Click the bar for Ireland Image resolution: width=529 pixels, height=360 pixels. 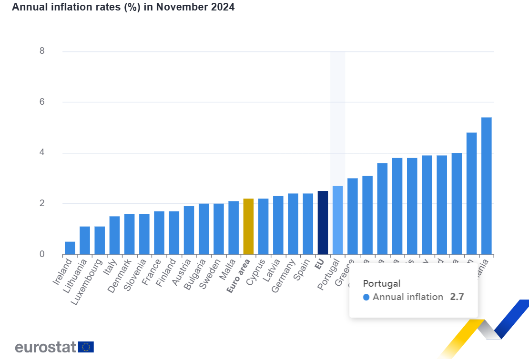[x=70, y=248]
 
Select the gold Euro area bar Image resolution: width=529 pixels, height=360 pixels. [x=248, y=227]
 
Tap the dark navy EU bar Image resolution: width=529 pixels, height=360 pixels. [x=323, y=223]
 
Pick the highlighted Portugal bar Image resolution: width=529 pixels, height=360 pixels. [x=337, y=220]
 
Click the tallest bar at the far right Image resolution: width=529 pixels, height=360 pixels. [x=487, y=186]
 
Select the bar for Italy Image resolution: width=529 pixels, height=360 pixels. [x=114, y=235]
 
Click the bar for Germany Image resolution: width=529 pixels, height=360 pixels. [x=293, y=224]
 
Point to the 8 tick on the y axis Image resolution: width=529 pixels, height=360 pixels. [x=42, y=51]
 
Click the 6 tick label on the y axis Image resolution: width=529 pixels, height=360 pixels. [x=42, y=102]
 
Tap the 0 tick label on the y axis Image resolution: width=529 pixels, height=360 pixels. [x=42, y=254]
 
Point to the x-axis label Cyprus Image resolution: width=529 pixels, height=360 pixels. [x=256, y=272]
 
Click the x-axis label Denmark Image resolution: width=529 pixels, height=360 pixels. [x=120, y=276]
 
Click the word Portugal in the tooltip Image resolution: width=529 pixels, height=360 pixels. [x=381, y=283]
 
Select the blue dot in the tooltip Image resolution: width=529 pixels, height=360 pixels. [x=366, y=297]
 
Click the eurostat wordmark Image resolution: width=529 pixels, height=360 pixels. [x=45, y=347]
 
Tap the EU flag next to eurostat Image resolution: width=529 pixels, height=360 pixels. [x=86, y=347]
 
